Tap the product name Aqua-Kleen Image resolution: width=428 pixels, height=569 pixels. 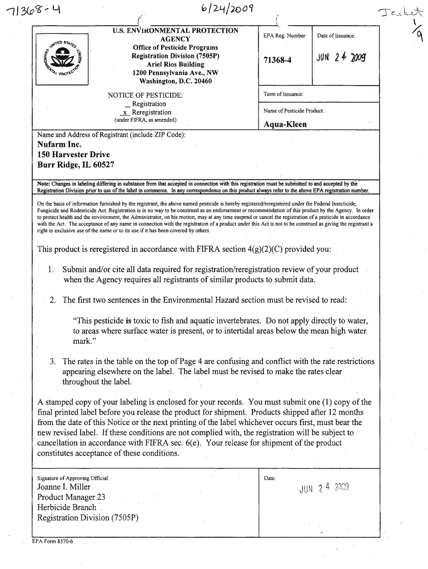(x=283, y=124)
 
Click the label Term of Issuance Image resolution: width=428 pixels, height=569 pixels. (x=283, y=94)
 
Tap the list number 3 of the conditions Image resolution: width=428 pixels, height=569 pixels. (x=52, y=361)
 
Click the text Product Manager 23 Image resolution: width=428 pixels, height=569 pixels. (x=71, y=497)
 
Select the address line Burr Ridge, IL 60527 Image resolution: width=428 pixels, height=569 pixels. (x=76, y=165)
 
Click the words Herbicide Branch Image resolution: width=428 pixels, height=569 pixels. (x=67, y=507)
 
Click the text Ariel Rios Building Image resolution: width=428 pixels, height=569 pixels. (x=175, y=64)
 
